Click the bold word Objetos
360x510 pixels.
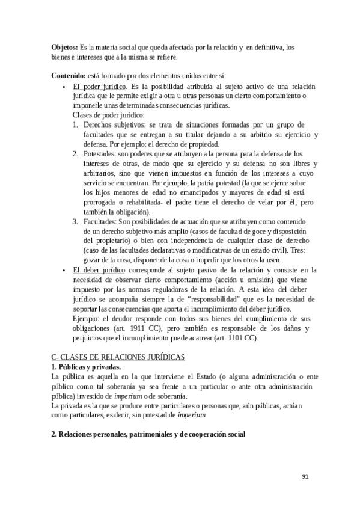(x=64, y=48)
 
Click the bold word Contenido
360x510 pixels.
(x=69, y=76)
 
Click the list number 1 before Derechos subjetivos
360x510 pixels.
(x=75, y=125)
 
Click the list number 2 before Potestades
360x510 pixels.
(x=75, y=155)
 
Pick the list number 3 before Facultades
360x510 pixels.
(x=75, y=222)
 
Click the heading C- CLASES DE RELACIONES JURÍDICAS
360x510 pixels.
(x=118, y=357)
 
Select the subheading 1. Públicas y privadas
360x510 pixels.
(x=86, y=367)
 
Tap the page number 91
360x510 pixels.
(x=305, y=477)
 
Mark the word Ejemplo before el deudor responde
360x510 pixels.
(x=86, y=319)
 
